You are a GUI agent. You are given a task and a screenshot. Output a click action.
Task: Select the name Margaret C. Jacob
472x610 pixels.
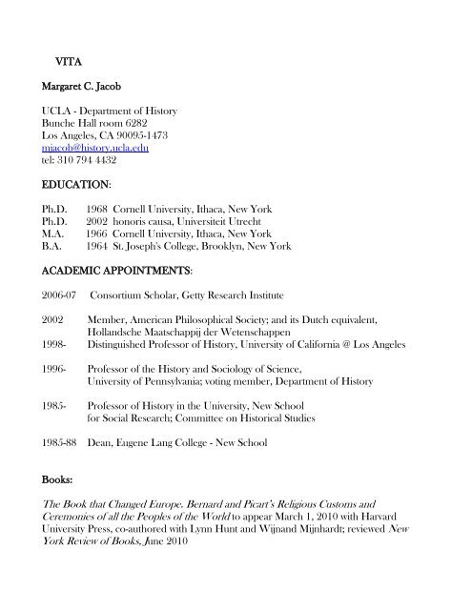point(85,87)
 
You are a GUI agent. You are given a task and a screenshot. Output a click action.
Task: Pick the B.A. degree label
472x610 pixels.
point(54,247)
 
